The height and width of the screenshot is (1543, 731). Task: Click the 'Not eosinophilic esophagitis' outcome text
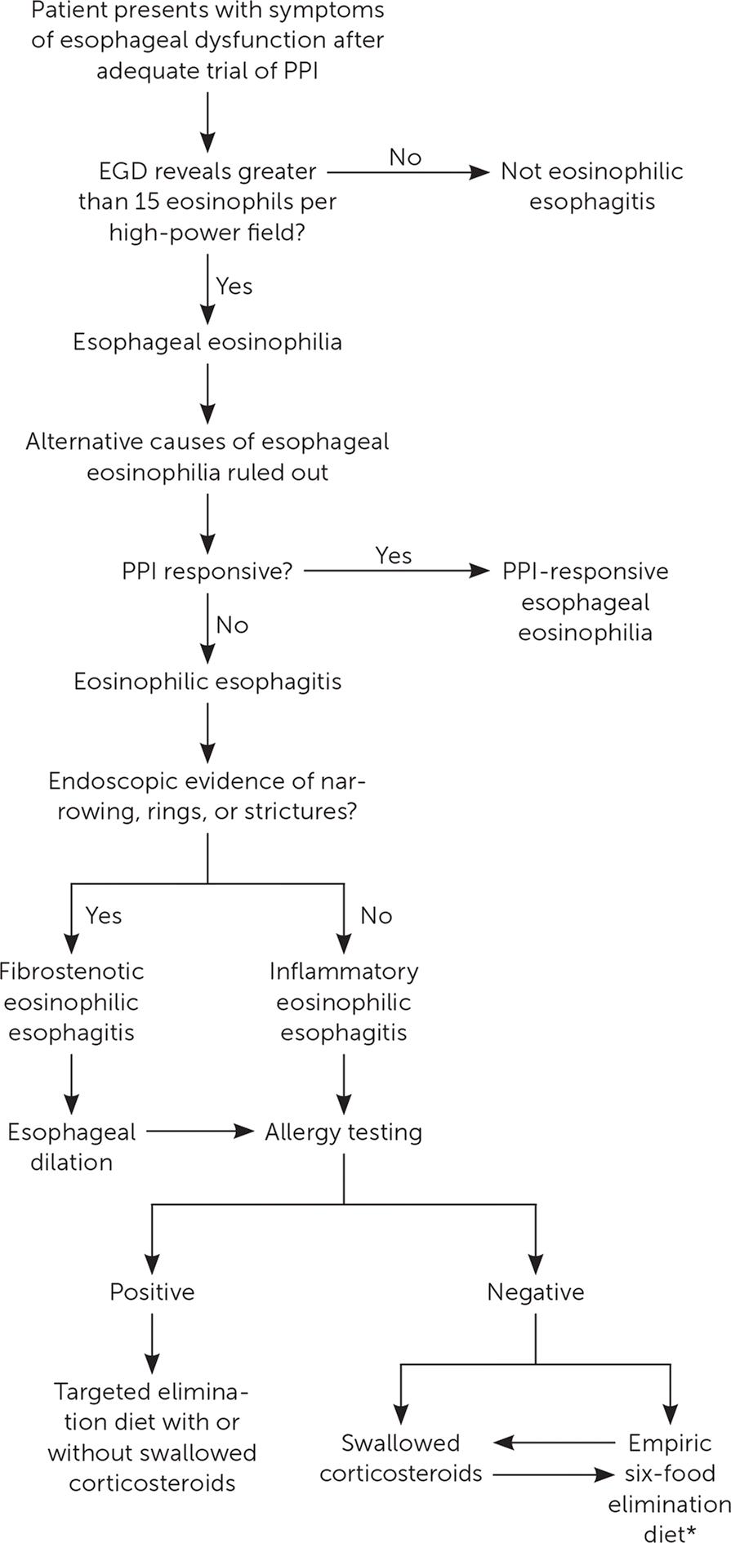(x=591, y=187)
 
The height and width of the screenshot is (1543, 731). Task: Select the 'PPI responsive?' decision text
(x=207, y=571)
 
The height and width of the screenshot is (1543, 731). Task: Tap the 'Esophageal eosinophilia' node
(x=207, y=341)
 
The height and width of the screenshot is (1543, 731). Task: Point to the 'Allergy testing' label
(x=343, y=1132)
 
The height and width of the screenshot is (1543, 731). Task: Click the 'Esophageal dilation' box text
(x=72, y=1147)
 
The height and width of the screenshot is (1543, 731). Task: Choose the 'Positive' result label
(x=153, y=1292)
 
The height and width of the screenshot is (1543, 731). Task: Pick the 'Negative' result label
(x=536, y=1292)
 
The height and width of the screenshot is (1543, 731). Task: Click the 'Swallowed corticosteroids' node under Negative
(x=400, y=1458)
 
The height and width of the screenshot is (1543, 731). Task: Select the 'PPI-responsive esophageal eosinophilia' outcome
(x=586, y=603)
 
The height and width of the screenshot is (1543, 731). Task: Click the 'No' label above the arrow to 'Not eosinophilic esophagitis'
(x=405, y=157)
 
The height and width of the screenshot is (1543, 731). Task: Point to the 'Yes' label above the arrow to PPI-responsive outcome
(x=394, y=556)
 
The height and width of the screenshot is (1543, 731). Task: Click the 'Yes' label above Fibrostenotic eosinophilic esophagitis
(x=103, y=915)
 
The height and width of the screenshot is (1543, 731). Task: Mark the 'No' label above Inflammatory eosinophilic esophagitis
(x=376, y=915)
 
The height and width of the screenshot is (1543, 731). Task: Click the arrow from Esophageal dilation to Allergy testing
(x=200, y=1132)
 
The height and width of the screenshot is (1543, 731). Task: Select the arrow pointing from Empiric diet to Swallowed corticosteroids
(x=555, y=1443)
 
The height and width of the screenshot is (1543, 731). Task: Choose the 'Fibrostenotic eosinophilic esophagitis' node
(x=72, y=1002)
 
